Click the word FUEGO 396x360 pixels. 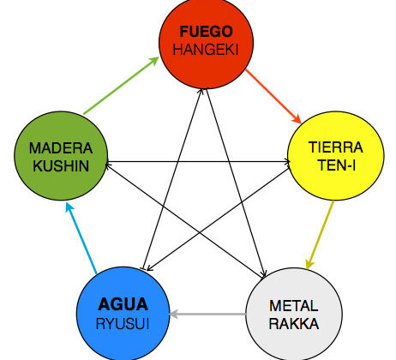[206, 32]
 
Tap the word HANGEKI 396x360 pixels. [206, 50]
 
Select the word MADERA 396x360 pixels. [61, 148]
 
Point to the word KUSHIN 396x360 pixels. [61, 166]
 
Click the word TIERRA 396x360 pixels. [336, 147]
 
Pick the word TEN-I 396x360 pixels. [337, 165]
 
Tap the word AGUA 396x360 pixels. [123, 304]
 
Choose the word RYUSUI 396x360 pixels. [123, 324]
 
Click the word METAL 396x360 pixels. [294, 306]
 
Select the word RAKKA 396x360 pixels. [294, 324]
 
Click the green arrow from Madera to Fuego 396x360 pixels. [121, 86]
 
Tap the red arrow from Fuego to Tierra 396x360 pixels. [273, 96]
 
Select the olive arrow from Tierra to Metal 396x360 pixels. [320, 235]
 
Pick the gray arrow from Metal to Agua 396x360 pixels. [207, 315]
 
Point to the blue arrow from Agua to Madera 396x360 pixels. [81, 238]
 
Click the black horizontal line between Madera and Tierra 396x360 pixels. [198, 162]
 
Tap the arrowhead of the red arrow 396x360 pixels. [297, 119]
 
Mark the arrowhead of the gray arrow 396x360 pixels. [174, 315]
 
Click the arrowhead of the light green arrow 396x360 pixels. [154, 61]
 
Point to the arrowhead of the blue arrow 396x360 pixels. [69, 207]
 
